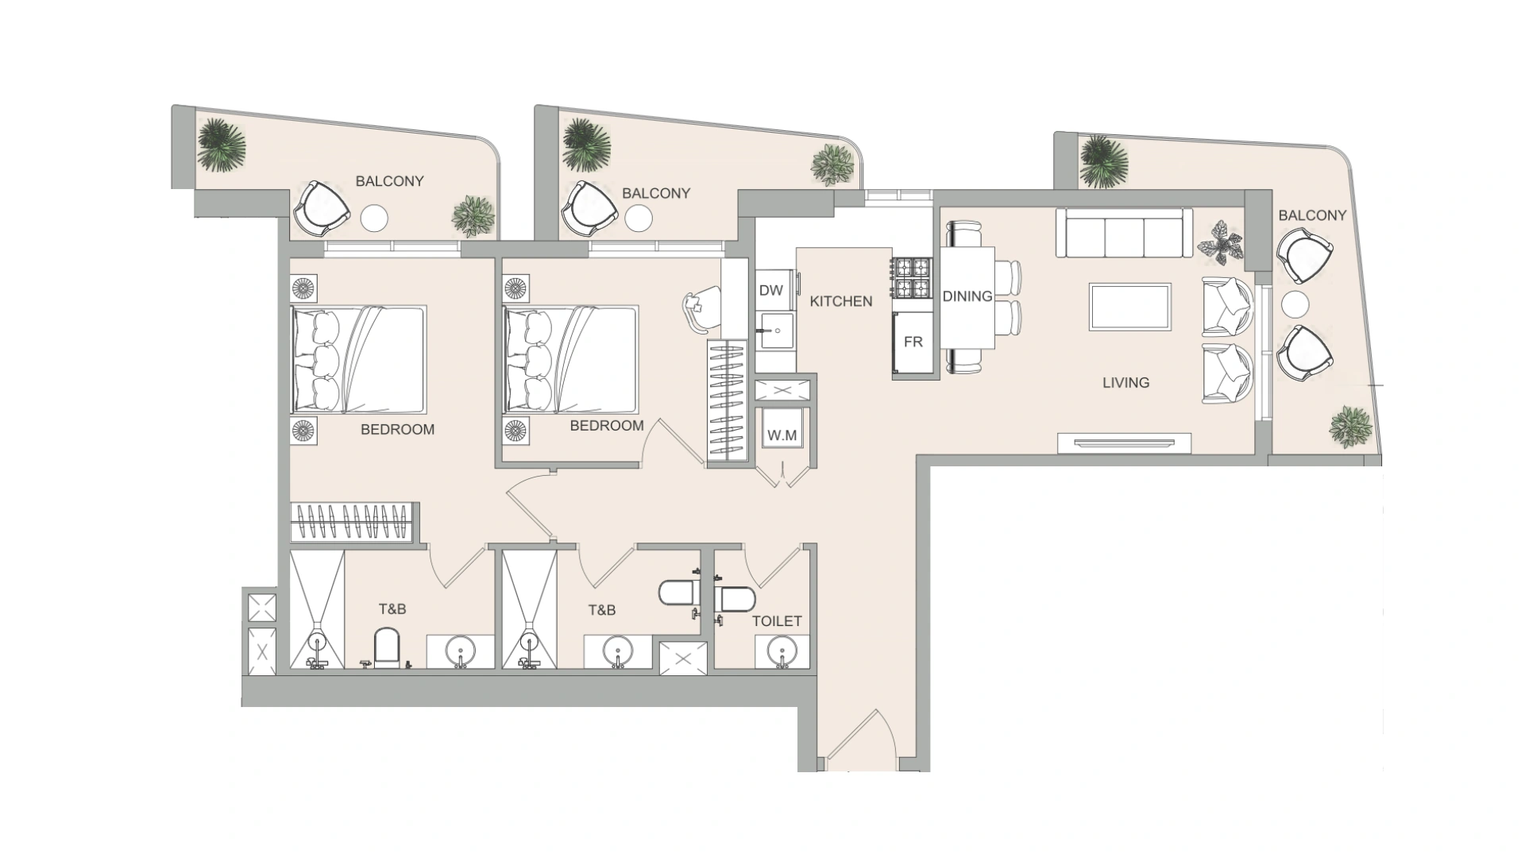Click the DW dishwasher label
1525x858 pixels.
click(770, 291)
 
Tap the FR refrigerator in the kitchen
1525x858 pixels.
click(913, 342)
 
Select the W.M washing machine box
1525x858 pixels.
click(782, 435)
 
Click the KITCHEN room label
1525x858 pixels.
click(841, 301)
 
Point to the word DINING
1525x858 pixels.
click(967, 296)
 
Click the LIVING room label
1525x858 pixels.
click(1125, 383)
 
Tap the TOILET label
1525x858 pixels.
click(777, 621)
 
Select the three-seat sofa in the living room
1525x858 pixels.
click(1124, 233)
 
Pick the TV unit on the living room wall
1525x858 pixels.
click(1124, 443)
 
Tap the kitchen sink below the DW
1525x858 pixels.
click(775, 331)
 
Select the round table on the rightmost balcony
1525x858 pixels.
click(1295, 305)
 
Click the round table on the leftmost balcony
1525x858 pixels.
click(374, 218)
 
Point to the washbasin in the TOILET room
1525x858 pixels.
click(782, 652)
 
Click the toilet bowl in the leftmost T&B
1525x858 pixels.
click(386, 647)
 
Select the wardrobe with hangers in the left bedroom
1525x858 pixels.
click(352, 523)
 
